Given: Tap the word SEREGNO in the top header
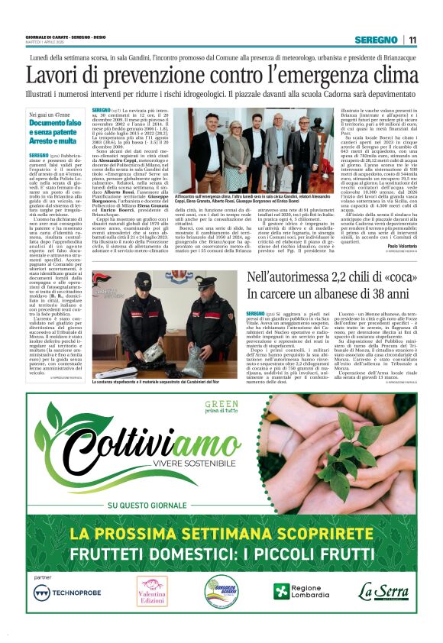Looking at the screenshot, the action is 376,40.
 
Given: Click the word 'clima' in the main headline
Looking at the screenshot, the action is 391,76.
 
